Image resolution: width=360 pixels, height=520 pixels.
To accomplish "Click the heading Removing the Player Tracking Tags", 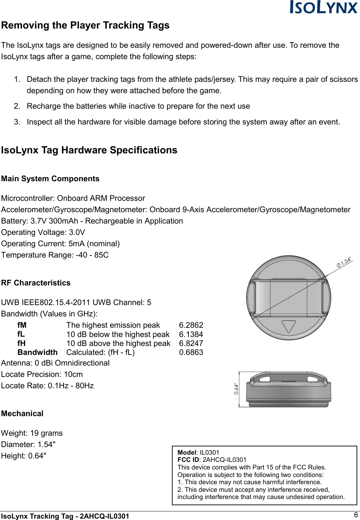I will coord(85,25).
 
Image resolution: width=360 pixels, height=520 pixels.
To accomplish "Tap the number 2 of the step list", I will coord(17,106).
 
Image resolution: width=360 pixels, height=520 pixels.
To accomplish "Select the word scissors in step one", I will coord(343,79).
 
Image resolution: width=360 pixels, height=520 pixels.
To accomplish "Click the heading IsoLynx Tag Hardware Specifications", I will coord(89,150).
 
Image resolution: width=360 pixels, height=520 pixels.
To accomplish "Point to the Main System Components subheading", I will coord(50,179).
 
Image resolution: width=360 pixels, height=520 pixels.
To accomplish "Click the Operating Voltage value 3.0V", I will coord(77,232).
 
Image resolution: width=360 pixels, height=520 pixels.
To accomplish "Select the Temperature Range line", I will coord(55,255).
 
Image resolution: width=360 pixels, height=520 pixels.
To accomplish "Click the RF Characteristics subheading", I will coord(36,283).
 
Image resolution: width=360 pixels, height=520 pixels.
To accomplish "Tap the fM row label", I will coord(22,325).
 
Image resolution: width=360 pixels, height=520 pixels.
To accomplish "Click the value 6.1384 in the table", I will coord(191,335).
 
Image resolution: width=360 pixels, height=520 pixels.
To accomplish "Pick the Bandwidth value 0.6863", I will coord(191,353).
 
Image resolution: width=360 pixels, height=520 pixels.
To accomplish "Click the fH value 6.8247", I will coord(191,344).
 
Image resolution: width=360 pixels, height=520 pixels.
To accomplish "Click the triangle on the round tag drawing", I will coord(288,326).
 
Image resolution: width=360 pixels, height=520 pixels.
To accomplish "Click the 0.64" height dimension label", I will coord(237,389).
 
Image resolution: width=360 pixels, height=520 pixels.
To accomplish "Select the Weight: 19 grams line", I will coord(32,433).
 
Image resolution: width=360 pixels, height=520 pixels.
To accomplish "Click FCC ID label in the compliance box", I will coord(188,460).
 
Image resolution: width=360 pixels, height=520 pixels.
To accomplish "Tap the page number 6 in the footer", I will coord(356,515).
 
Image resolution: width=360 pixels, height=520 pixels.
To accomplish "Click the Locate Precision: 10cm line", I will coord(42,375).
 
